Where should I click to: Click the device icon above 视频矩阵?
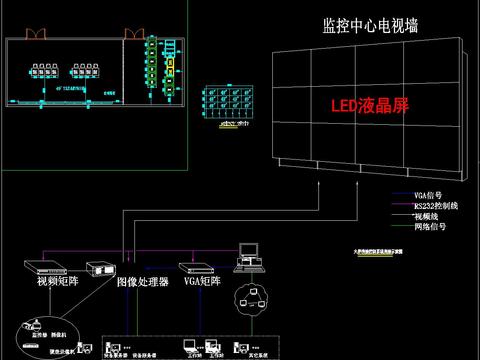click(47, 267)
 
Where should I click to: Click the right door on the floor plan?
click(132, 33)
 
